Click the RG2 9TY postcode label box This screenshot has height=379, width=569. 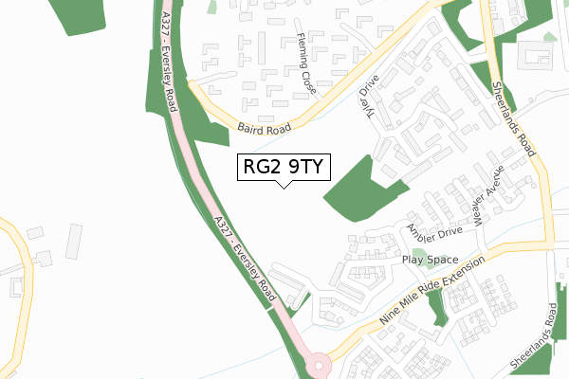[284, 167]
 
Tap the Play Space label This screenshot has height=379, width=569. [430, 260]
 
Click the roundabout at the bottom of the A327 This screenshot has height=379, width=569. [320, 363]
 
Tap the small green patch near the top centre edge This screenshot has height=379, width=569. [213, 7]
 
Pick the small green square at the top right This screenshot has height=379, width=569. [548, 38]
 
